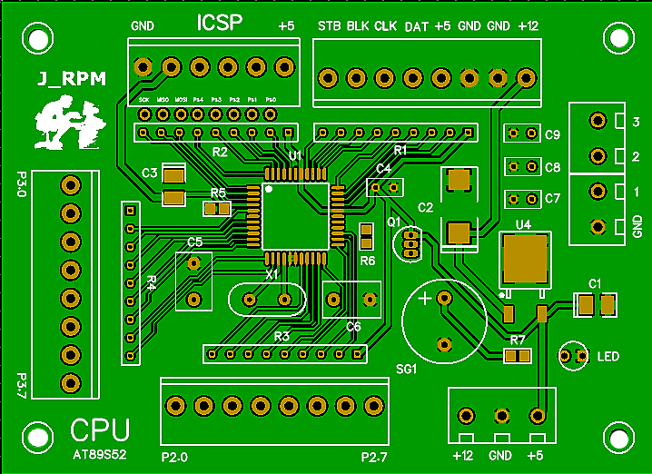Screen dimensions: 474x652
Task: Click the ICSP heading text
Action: tap(220, 24)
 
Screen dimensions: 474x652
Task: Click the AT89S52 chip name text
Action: tap(101, 450)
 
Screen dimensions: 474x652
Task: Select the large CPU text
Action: tap(100, 429)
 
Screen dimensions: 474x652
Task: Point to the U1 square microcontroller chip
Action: tap(295, 216)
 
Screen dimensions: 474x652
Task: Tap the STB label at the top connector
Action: tap(329, 26)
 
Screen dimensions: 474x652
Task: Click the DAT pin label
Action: tap(417, 26)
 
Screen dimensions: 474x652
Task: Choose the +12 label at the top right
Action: tap(528, 26)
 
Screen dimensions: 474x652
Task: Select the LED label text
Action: tap(608, 357)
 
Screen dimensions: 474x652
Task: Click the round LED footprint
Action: tap(574, 356)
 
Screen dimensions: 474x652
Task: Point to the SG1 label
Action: tap(406, 370)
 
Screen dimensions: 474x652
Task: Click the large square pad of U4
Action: tap(524, 258)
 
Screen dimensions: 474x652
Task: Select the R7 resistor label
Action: tap(518, 341)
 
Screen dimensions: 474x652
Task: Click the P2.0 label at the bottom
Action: tap(174, 457)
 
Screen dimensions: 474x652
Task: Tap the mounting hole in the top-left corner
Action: tap(36, 38)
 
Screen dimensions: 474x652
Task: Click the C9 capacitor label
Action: tap(553, 135)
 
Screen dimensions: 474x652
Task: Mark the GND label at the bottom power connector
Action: tap(500, 455)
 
